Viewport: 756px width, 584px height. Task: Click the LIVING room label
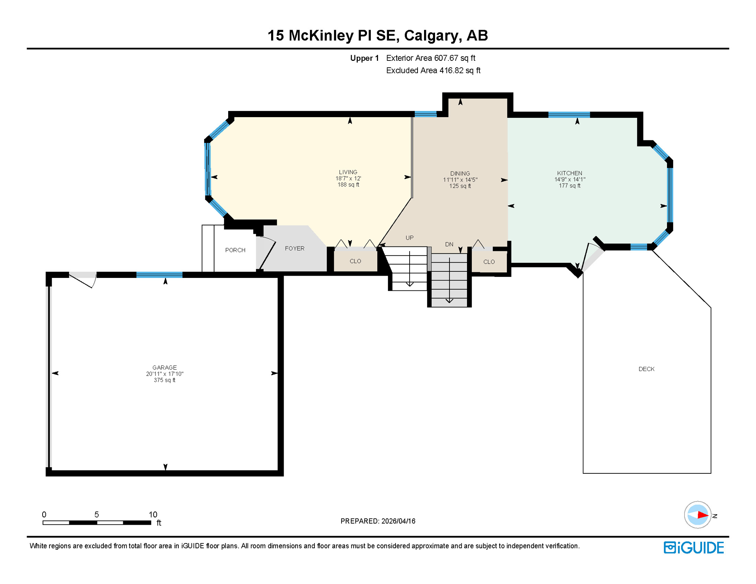pos(348,172)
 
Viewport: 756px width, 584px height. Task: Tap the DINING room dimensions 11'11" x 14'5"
pos(460,180)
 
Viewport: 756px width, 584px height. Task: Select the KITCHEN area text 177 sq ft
pos(569,186)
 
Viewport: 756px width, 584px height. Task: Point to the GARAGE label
pos(164,367)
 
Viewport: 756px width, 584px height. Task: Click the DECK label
pos(646,369)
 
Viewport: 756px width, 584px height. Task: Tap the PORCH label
pos(235,250)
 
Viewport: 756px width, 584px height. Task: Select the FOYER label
pos(294,248)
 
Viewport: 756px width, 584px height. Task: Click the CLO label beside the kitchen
pos(489,262)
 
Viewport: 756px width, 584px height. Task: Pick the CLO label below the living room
pos(355,261)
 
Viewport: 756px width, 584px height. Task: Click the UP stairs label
pos(409,238)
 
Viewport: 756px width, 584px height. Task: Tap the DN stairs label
pos(449,244)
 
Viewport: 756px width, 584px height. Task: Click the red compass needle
pos(702,515)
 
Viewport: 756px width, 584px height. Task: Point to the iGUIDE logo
pos(694,547)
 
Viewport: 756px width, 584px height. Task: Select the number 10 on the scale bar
pos(152,514)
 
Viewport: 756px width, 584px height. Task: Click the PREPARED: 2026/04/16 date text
pos(378,521)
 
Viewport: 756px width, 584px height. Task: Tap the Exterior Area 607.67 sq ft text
pos(430,58)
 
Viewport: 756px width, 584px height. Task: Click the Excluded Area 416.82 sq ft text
pos(433,71)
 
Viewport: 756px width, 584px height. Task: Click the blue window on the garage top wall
pos(159,275)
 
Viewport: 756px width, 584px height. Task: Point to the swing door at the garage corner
pos(83,280)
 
